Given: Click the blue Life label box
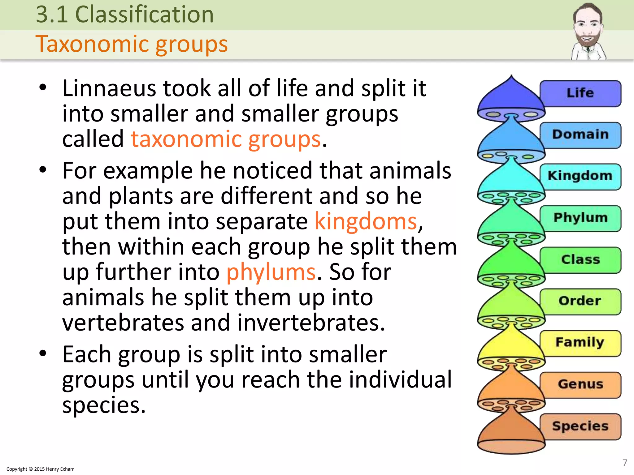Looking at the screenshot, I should tap(580, 93).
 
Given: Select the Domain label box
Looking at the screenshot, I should tap(580, 135).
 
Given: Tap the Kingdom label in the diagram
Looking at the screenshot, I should tap(580, 176).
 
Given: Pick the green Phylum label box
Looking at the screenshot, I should tap(580, 218).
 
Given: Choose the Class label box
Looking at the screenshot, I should tap(580, 260).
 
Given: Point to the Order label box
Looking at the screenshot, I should tap(580, 301).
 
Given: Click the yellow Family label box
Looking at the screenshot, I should tap(580, 343).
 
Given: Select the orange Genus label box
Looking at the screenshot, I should tap(580, 384).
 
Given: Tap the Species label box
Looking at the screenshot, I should tap(580, 426).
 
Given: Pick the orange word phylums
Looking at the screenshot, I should tap(271, 272).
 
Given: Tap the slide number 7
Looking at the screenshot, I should tap(625, 463).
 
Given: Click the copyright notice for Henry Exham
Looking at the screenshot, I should tap(40, 469).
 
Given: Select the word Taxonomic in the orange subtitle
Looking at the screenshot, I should tap(93, 44).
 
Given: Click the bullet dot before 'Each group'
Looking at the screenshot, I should tap(43, 353).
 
